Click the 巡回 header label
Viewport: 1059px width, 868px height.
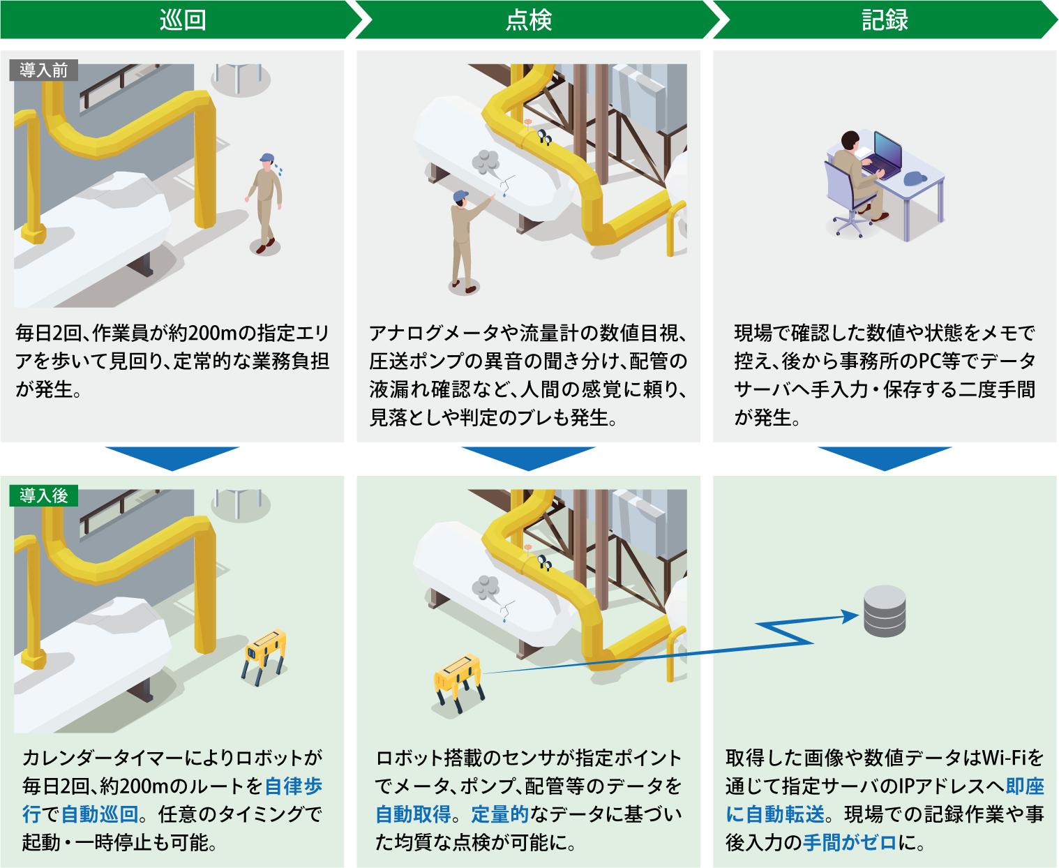183,20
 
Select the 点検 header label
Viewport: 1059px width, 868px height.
529,20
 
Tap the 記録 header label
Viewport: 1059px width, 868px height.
885,20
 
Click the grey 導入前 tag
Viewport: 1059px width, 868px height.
44,70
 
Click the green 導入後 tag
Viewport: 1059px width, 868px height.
44,496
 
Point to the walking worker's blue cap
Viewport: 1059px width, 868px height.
266,158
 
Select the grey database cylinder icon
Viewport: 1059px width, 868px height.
885,611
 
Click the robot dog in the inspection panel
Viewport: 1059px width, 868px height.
458,682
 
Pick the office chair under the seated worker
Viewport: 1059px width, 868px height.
848,199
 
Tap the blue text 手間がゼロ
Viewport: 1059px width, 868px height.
850,843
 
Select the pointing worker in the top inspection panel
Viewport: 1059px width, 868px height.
467,241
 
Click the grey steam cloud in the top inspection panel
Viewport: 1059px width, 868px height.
485,162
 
